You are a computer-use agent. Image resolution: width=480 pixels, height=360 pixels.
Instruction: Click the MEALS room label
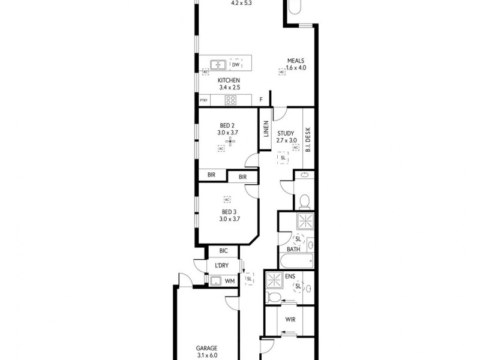(x=296, y=60)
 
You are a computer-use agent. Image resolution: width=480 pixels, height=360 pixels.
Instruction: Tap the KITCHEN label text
(x=229, y=80)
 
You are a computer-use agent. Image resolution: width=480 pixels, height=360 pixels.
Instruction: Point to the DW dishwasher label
(x=236, y=64)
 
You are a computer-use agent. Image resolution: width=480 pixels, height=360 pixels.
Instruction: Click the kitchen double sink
(x=217, y=64)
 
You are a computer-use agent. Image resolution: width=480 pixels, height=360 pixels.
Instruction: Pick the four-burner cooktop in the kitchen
(x=231, y=100)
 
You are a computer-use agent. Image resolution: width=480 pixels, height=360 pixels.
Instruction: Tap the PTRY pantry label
(x=203, y=100)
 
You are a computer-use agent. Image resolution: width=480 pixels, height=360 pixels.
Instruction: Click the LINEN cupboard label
(x=266, y=129)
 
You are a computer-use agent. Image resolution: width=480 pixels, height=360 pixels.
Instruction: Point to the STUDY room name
(x=286, y=133)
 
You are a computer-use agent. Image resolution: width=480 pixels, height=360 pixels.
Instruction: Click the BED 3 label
(x=229, y=212)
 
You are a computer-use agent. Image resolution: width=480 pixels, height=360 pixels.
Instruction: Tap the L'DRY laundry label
(x=223, y=266)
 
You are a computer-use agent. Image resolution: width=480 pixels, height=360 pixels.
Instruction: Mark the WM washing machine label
(x=229, y=280)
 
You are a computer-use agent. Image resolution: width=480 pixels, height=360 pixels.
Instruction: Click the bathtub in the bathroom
(x=297, y=262)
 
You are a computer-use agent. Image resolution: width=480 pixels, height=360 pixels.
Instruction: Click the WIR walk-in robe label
(x=289, y=319)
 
